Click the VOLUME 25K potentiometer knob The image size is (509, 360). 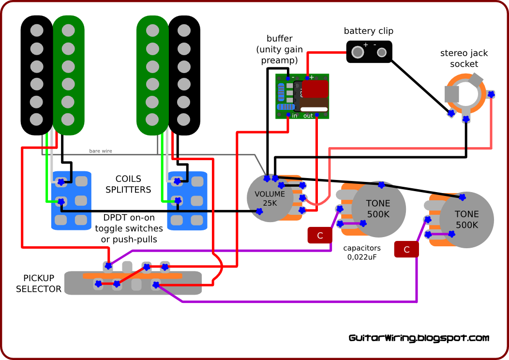pyautogui.click(x=270, y=198)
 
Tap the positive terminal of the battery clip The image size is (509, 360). pyautogui.click(x=358, y=52)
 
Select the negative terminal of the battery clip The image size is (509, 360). pyautogui.click(x=382, y=52)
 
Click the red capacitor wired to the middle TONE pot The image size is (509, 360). pyautogui.click(x=320, y=235)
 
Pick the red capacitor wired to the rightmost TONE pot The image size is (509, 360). pyautogui.click(x=406, y=249)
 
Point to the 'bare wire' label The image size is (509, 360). pyautogui.click(x=101, y=151)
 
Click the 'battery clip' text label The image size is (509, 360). pyautogui.click(x=368, y=31)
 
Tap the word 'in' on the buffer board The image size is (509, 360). pyautogui.click(x=295, y=116)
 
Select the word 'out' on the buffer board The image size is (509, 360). pyautogui.click(x=308, y=116)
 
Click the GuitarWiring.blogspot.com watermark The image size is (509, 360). pyautogui.click(x=419, y=338)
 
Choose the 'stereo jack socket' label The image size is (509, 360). pyautogui.click(x=464, y=59)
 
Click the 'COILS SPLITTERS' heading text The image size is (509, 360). pyautogui.click(x=128, y=184)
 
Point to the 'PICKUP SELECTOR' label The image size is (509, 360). pyautogui.click(x=39, y=284)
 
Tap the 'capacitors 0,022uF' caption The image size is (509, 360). pyautogui.click(x=362, y=253)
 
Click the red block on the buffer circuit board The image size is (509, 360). pyautogui.click(x=315, y=89)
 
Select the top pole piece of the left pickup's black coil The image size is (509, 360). pyautogui.click(x=37, y=31)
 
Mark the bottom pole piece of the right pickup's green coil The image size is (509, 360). pyautogui.click(x=152, y=120)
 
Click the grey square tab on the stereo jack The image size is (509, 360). pyautogui.click(x=452, y=94)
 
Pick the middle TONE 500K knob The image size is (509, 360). pyautogui.click(x=378, y=209)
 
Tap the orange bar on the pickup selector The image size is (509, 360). pyautogui.click(x=133, y=276)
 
